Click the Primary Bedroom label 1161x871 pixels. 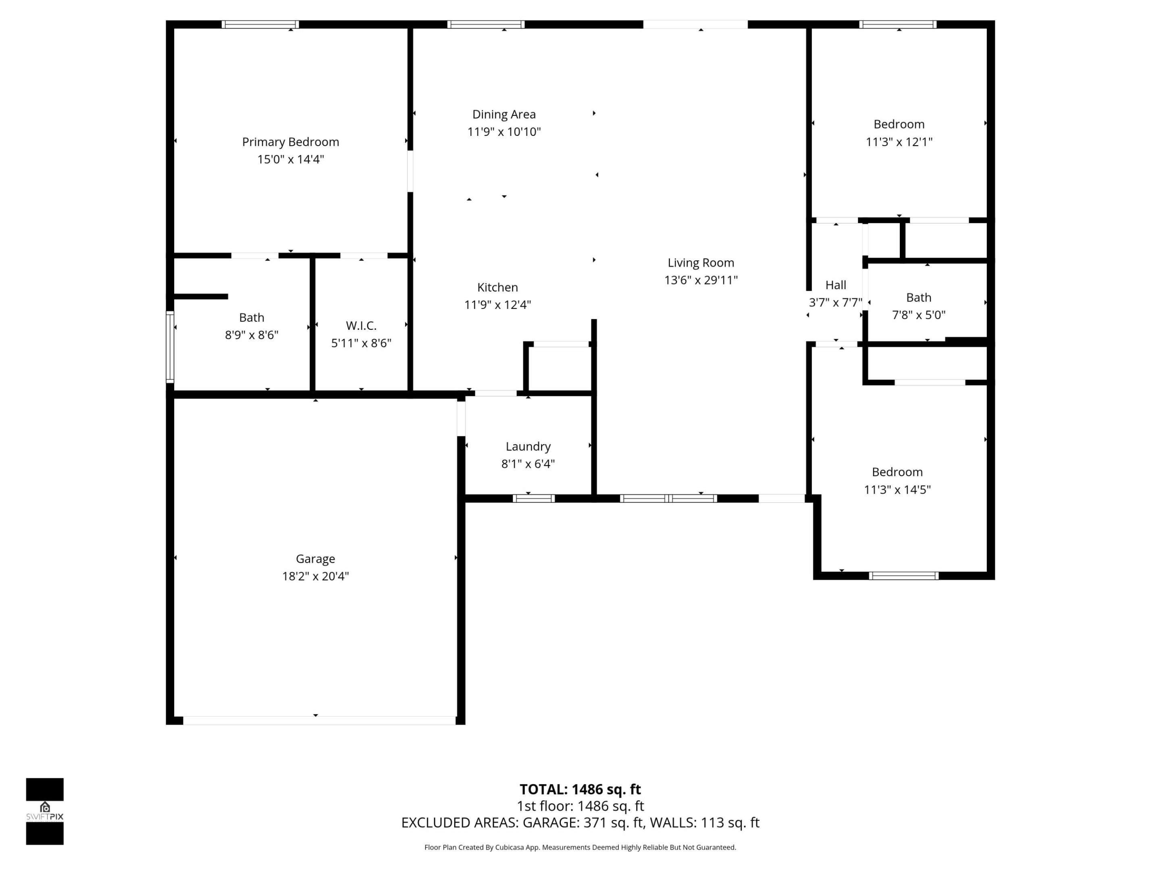click(x=290, y=142)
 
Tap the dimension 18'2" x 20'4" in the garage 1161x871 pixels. click(x=315, y=576)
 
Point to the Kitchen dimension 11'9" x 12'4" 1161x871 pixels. click(x=497, y=304)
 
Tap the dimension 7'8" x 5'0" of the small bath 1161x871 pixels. click(x=918, y=315)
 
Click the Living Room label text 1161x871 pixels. click(x=700, y=263)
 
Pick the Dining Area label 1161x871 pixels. click(x=504, y=115)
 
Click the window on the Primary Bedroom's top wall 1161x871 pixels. click(x=260, y=24)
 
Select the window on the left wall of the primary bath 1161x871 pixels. click(x=170, y=346)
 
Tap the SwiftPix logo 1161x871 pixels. click(x=45, y=811)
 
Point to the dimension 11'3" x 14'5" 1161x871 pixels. click(x=897, y=489)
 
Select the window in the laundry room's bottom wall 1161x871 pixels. click(x=533, y=498)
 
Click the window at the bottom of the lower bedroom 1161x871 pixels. click(x=903, y=575)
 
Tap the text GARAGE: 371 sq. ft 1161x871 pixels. click(x=583, y=823)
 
